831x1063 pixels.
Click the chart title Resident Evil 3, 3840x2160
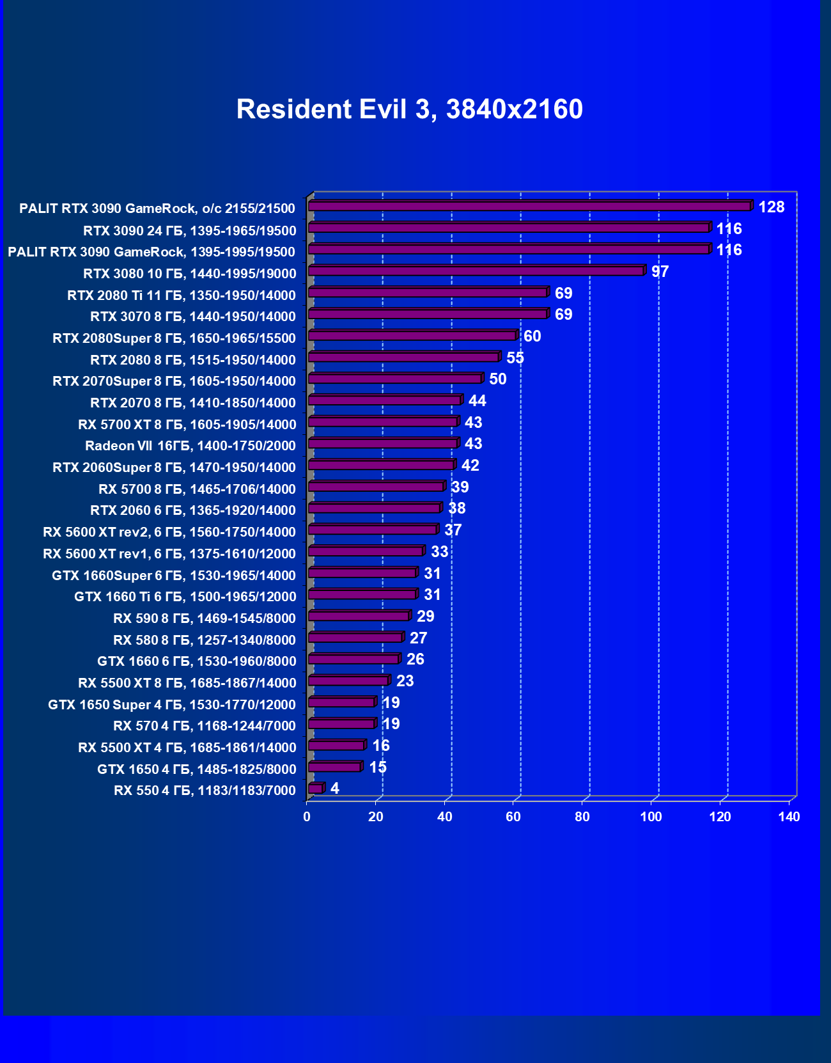409,109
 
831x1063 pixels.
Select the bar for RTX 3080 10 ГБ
476,271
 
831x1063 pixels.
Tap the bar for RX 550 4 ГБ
316,789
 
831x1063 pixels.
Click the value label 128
771,207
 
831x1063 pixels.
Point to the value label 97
660,272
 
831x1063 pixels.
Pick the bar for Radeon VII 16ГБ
383,444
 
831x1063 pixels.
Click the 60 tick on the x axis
513,817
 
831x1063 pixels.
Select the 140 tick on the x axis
789,817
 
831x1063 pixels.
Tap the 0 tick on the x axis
307,817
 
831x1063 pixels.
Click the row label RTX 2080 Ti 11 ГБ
182,295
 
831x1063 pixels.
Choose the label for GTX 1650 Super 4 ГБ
172,705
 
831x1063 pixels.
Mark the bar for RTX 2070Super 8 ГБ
395,379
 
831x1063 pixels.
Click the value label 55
515,358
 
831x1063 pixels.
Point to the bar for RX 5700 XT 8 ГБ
383,422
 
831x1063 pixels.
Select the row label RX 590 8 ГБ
205,618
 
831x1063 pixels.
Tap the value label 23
405,681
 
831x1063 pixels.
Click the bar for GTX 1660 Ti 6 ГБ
362,595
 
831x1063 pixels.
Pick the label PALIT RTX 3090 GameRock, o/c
157,209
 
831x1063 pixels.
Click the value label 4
335,789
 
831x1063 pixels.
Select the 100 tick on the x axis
651,817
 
